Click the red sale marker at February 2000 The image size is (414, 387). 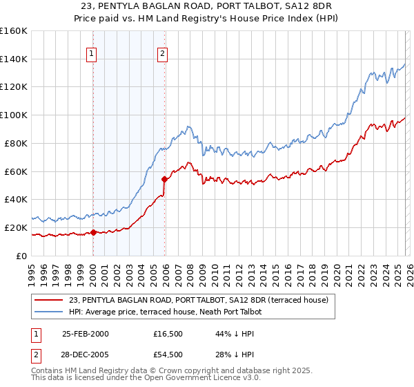tap(93, 232)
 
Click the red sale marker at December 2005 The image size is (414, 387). tap(165, 179)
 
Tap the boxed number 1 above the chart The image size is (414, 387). tap(92, 53)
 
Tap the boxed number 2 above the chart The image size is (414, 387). tap(162, 53)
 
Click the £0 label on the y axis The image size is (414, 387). tap(20, 256)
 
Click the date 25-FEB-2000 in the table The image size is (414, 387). tap(85, 334)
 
